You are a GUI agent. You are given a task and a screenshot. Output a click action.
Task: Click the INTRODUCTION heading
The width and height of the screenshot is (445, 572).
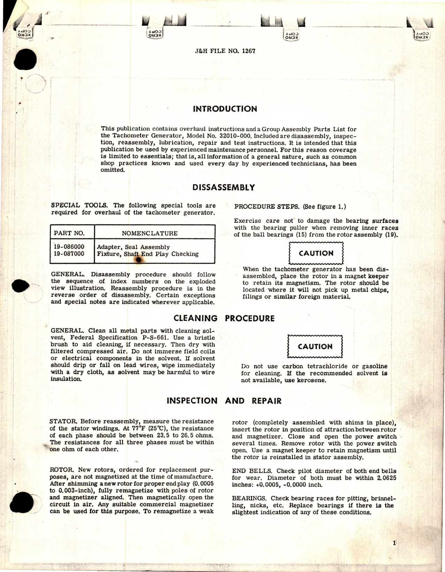tap(225, 109)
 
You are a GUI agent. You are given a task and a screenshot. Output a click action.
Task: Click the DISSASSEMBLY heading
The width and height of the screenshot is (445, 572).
tap(224, 188)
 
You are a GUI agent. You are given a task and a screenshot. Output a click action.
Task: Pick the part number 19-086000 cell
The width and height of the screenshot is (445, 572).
tap(69, 247)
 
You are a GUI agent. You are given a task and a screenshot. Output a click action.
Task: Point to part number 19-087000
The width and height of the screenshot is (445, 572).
tap(69, 254)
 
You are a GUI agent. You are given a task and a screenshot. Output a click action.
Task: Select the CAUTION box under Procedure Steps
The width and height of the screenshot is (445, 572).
tap(316, 253)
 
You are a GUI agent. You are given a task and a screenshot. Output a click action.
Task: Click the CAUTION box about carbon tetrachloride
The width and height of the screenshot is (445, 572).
tap(315, 347)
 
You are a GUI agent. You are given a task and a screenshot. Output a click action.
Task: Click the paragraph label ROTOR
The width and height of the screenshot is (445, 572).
tap(62, 470)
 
